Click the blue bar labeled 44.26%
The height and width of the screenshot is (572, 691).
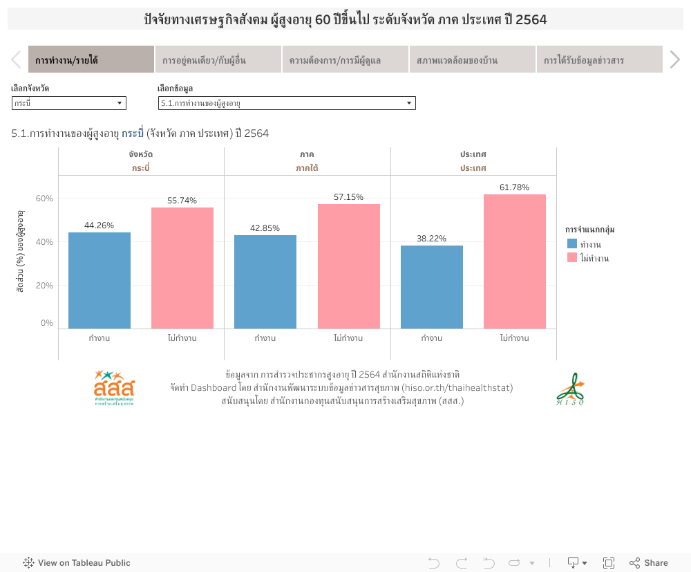pos(100,280)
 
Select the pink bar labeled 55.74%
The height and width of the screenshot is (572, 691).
pos(182,268)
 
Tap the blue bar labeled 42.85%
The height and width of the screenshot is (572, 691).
pos(265,282)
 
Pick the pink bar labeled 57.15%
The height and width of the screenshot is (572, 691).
pos(348,266)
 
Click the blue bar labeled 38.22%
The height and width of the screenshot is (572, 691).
pos(432,287)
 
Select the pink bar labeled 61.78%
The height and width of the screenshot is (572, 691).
pos(515,261)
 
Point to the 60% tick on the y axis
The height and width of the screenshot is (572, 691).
pos(45,199)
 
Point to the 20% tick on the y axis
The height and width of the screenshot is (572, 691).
pos(45,285)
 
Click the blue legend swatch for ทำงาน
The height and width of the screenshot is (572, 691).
pos(572,244)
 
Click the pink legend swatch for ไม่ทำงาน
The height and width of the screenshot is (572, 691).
pos(572,258)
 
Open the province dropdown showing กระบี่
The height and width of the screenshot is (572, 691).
pos(69,103)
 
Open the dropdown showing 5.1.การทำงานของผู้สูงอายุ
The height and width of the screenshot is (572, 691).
pos(287,103)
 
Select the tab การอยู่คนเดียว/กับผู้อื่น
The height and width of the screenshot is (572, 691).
pos(218,60)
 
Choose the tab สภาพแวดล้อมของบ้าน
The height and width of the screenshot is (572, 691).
pos(472,60)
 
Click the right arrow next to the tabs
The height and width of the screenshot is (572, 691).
pos(675,60)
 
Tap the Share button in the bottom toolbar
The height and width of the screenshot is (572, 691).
pos(648,563)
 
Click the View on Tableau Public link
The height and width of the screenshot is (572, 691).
pos(77,563)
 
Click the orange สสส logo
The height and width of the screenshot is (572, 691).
pos(114,387)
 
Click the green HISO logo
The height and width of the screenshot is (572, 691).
pos(571,389)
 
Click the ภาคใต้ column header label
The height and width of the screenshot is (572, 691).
pos(307,168)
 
